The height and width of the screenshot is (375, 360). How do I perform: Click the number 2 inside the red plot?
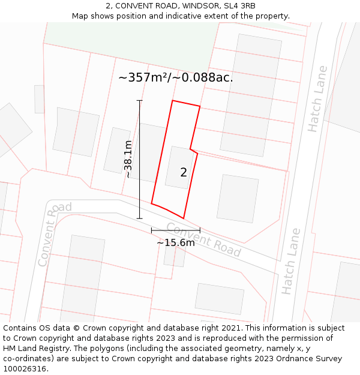(184, 173)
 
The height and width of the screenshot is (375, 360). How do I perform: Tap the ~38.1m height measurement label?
(128, 159)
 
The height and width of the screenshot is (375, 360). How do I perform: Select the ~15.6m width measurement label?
(176, 243)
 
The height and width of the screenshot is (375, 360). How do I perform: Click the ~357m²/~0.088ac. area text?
(176, 77)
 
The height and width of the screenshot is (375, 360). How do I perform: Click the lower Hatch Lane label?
(290, 261)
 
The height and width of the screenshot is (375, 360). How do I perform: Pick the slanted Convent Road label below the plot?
(203, 239)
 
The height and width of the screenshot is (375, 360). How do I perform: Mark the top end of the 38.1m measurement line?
(140, 100)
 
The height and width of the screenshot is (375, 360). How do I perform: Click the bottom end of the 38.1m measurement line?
(140, 218)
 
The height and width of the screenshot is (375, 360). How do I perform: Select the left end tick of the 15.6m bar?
(152, 230)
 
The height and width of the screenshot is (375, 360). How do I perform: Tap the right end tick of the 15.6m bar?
(200, 230)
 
